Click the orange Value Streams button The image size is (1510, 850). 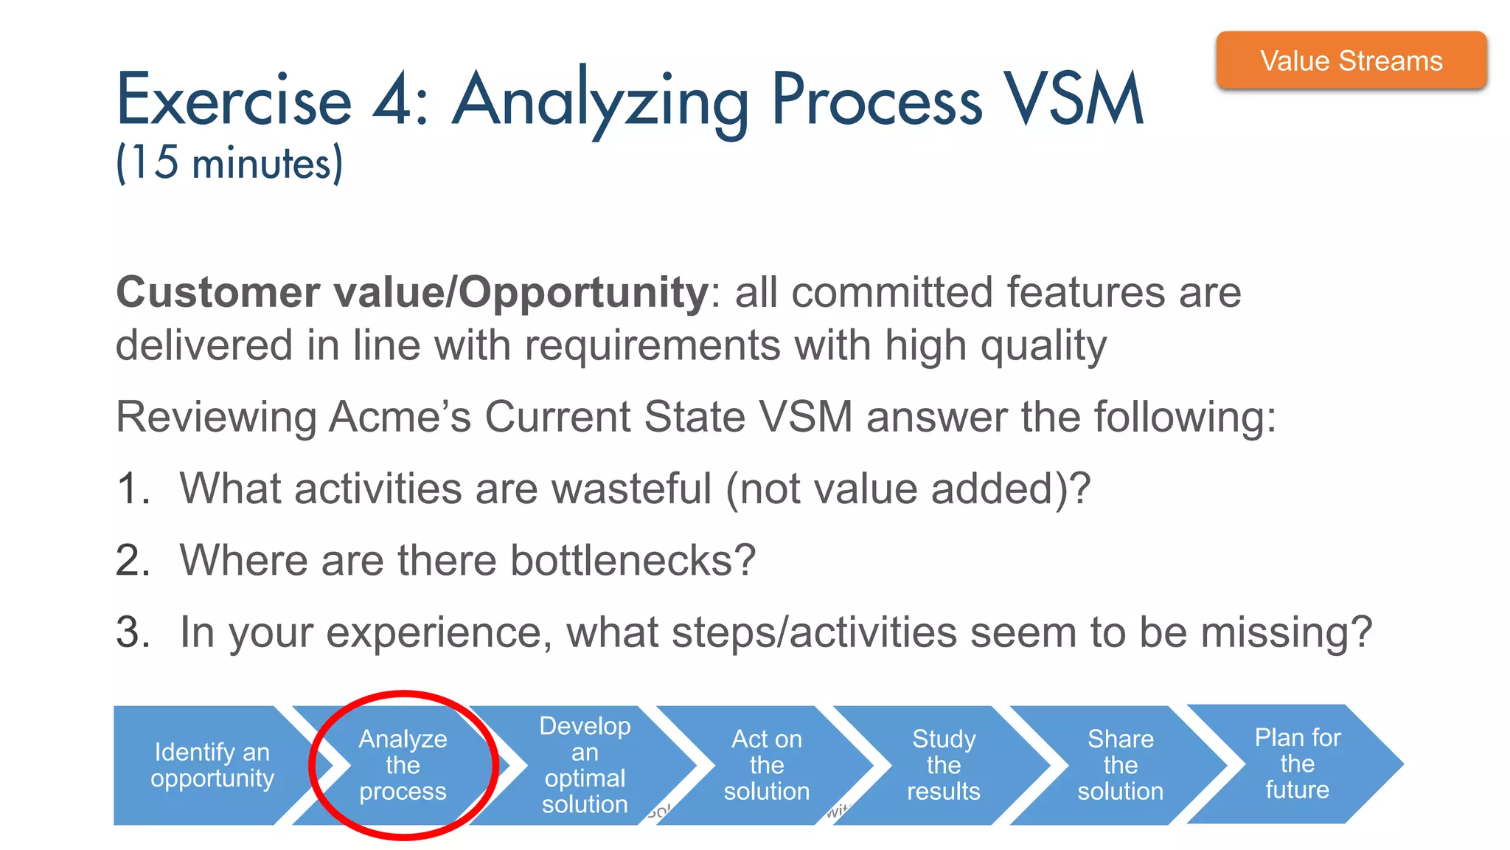pos(1351,61)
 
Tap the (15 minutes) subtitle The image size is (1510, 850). pos(229,162)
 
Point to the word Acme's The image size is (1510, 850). pos(399,417)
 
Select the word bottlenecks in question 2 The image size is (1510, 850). pos(632,560)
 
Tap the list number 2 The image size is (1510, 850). pos(133,560)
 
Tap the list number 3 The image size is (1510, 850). pos(133,632)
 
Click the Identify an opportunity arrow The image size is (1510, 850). pos(212,765)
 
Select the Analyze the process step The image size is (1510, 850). pos(403,765)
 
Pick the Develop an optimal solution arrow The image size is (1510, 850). pos(585,765)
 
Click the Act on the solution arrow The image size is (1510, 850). pos(766,765)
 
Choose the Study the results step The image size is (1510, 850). pos(943,765)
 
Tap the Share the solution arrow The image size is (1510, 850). pos(1120,765)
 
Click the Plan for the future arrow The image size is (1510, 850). pos(1297,764)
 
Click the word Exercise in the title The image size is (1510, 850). pos(234,100)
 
